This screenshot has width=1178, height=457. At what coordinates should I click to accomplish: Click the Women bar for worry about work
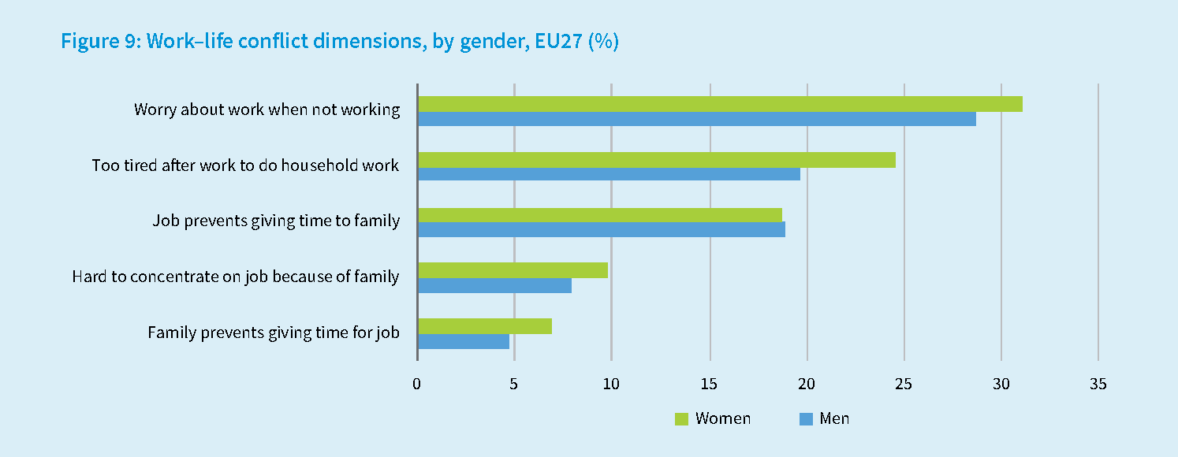(x=720, y=104)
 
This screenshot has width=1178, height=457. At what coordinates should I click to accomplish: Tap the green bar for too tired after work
(x=657, y=160)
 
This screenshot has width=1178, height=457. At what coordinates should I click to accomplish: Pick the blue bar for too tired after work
(x=609, y=174)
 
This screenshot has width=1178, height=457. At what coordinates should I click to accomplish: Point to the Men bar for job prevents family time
(x=602, y=229)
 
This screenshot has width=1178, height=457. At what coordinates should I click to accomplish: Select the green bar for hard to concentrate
(x=513, y=270)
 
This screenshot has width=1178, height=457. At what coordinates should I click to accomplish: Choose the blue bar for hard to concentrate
(x=494, y=285)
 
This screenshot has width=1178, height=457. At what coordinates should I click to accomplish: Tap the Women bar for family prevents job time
(x=485, y=326)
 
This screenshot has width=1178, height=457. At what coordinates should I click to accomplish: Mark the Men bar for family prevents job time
(x=464, y=341)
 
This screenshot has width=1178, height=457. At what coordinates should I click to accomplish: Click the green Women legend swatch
(x=682, y=419)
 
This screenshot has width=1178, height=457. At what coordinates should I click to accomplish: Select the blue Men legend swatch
(x=806, y=419)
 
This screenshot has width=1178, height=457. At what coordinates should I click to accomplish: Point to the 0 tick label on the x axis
(x=417, y=385)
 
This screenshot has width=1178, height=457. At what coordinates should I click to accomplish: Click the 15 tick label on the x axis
(x=710, y=385)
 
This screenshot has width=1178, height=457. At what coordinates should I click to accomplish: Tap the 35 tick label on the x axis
(x=1098, y=385)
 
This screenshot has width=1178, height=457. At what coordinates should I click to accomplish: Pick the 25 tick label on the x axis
(x=904, y=385)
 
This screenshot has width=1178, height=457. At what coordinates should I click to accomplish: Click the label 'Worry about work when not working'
(x=267, y=110)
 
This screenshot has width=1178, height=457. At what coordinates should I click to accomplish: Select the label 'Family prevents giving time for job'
(x=274, y=333)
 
